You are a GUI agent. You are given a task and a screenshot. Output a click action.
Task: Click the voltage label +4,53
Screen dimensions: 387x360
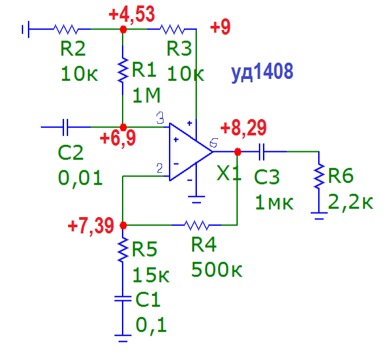tap(131, 15)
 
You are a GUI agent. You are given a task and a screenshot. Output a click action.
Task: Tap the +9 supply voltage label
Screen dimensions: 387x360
tap(220, 27)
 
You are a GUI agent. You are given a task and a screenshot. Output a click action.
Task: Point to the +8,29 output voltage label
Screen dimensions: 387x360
tap(243, 128)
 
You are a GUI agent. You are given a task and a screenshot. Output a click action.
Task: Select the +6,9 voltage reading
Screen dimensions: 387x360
tap(118, 139)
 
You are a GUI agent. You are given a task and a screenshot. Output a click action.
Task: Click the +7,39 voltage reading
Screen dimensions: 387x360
tap(91, 226)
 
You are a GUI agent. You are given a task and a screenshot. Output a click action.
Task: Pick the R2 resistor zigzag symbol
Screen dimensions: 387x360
tap(66, 29)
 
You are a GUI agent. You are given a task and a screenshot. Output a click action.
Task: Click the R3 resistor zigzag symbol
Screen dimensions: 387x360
tap(172, 29)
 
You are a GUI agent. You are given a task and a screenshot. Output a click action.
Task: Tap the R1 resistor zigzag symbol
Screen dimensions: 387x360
tap(123, 70)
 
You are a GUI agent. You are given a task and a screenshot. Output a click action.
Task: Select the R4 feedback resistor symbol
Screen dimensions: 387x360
tap(196, 225)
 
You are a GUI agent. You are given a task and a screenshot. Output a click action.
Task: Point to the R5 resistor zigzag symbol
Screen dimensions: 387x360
tap(123, 250)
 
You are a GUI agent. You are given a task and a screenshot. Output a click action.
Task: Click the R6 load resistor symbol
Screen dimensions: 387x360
tap(319, 176)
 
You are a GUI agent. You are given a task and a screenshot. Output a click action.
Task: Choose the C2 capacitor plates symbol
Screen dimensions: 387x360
tap(65, 127)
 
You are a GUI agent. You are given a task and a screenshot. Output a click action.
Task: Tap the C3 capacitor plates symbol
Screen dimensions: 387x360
tap(262, 152)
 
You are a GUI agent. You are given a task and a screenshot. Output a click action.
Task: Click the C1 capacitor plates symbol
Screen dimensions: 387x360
tap(123, 299)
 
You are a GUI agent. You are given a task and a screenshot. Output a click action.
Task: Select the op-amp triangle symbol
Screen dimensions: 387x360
tap(191, 152)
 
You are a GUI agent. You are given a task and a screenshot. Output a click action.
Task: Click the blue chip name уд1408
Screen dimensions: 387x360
tap(262, 71)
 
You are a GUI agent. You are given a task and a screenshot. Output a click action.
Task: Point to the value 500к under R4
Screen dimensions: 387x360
tap(217, 269)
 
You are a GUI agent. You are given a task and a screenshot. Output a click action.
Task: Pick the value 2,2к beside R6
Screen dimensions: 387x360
tap(350, 203)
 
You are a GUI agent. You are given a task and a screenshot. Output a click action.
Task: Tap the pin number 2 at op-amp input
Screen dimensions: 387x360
tap(159, 168)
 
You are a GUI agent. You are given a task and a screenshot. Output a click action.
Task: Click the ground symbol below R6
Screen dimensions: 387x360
tap(319, 216)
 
